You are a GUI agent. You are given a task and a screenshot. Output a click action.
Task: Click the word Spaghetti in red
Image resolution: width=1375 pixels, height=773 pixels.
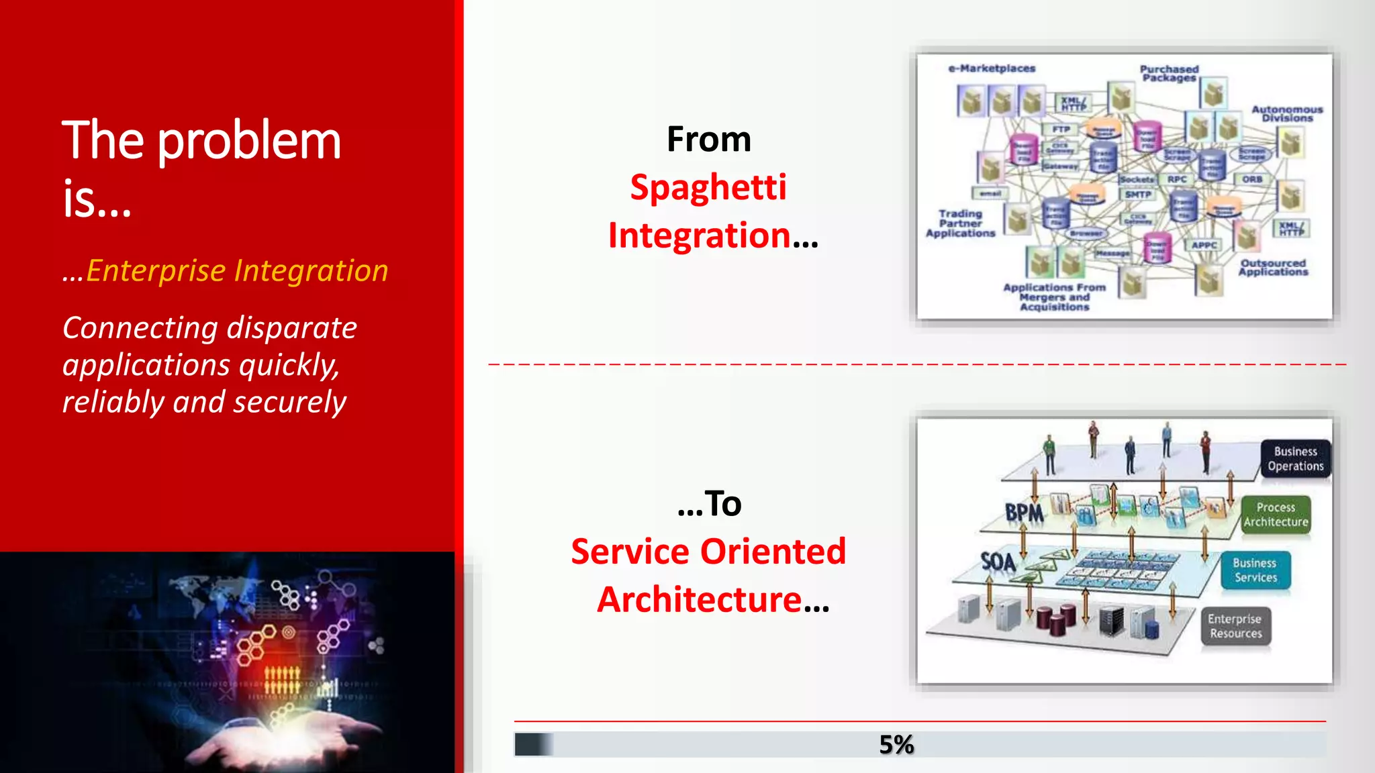coord(708,187)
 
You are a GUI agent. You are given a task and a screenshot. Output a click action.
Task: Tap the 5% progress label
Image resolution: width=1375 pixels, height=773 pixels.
coord(896,744)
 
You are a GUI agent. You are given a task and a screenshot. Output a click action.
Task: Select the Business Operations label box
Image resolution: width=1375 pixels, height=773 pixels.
coord(1295,459)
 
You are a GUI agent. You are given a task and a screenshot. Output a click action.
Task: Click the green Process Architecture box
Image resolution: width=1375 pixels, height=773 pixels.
coord(1276,515)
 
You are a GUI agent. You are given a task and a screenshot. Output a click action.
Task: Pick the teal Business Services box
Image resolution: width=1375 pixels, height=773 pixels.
coord(1255,570)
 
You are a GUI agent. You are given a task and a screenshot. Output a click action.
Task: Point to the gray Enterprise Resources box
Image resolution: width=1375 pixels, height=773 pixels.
coord(1235,626)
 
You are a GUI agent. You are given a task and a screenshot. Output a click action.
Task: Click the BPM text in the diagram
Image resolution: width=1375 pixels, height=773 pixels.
coord(1024,513)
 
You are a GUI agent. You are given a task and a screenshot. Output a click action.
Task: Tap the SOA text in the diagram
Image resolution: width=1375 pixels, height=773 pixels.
coord(998,562)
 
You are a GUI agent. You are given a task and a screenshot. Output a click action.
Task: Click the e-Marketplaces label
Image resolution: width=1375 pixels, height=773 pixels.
coord(992,68)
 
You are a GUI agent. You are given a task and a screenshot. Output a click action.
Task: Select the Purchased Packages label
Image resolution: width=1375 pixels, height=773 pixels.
coord(1169,73)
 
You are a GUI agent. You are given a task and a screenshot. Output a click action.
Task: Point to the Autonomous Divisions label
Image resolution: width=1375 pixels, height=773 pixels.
coord(1287,113)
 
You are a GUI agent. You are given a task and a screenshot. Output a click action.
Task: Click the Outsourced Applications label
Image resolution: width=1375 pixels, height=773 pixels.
coord(1273,267)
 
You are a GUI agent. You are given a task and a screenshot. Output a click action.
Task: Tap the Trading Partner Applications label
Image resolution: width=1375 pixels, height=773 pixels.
coord(960,223)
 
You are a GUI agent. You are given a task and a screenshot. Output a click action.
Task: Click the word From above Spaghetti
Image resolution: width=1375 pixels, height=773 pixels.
coord(708,139)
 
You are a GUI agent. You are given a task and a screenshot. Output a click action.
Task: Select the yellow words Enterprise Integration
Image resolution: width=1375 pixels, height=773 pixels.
coord(236,270)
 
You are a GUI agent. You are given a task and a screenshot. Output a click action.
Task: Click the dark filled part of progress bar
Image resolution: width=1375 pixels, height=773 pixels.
coord(532,744)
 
